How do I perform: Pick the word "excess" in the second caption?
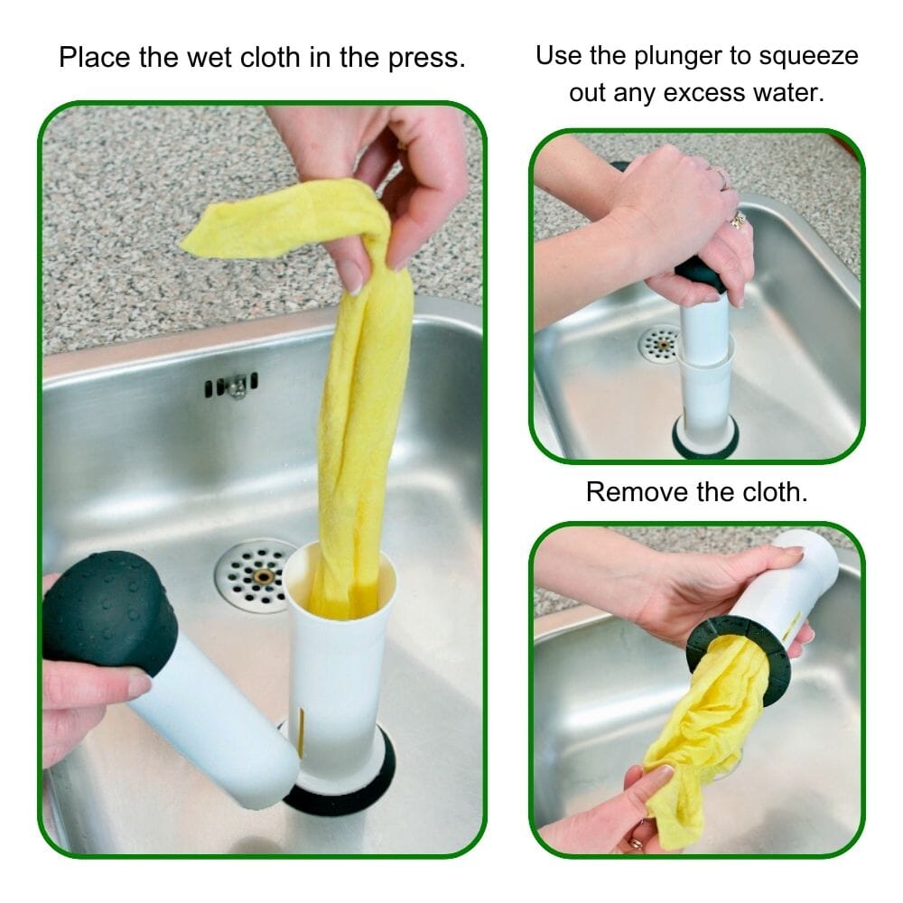point(688,92)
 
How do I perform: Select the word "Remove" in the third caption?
point(632,492)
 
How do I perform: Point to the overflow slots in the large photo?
point(231,386)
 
